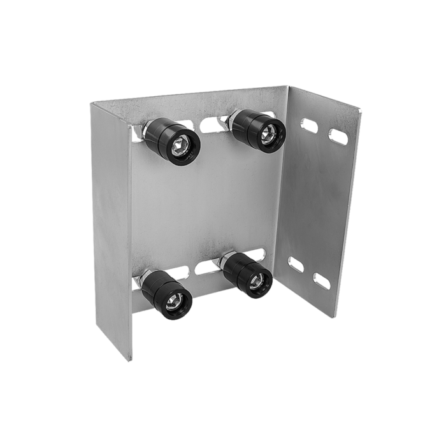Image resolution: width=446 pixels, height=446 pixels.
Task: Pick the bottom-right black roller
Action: pos(250,274)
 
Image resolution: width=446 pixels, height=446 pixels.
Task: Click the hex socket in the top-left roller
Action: pos(179,145)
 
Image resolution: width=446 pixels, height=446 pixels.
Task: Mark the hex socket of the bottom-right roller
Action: pos(257,280)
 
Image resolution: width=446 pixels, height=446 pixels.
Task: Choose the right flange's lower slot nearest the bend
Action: pos(295,263)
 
